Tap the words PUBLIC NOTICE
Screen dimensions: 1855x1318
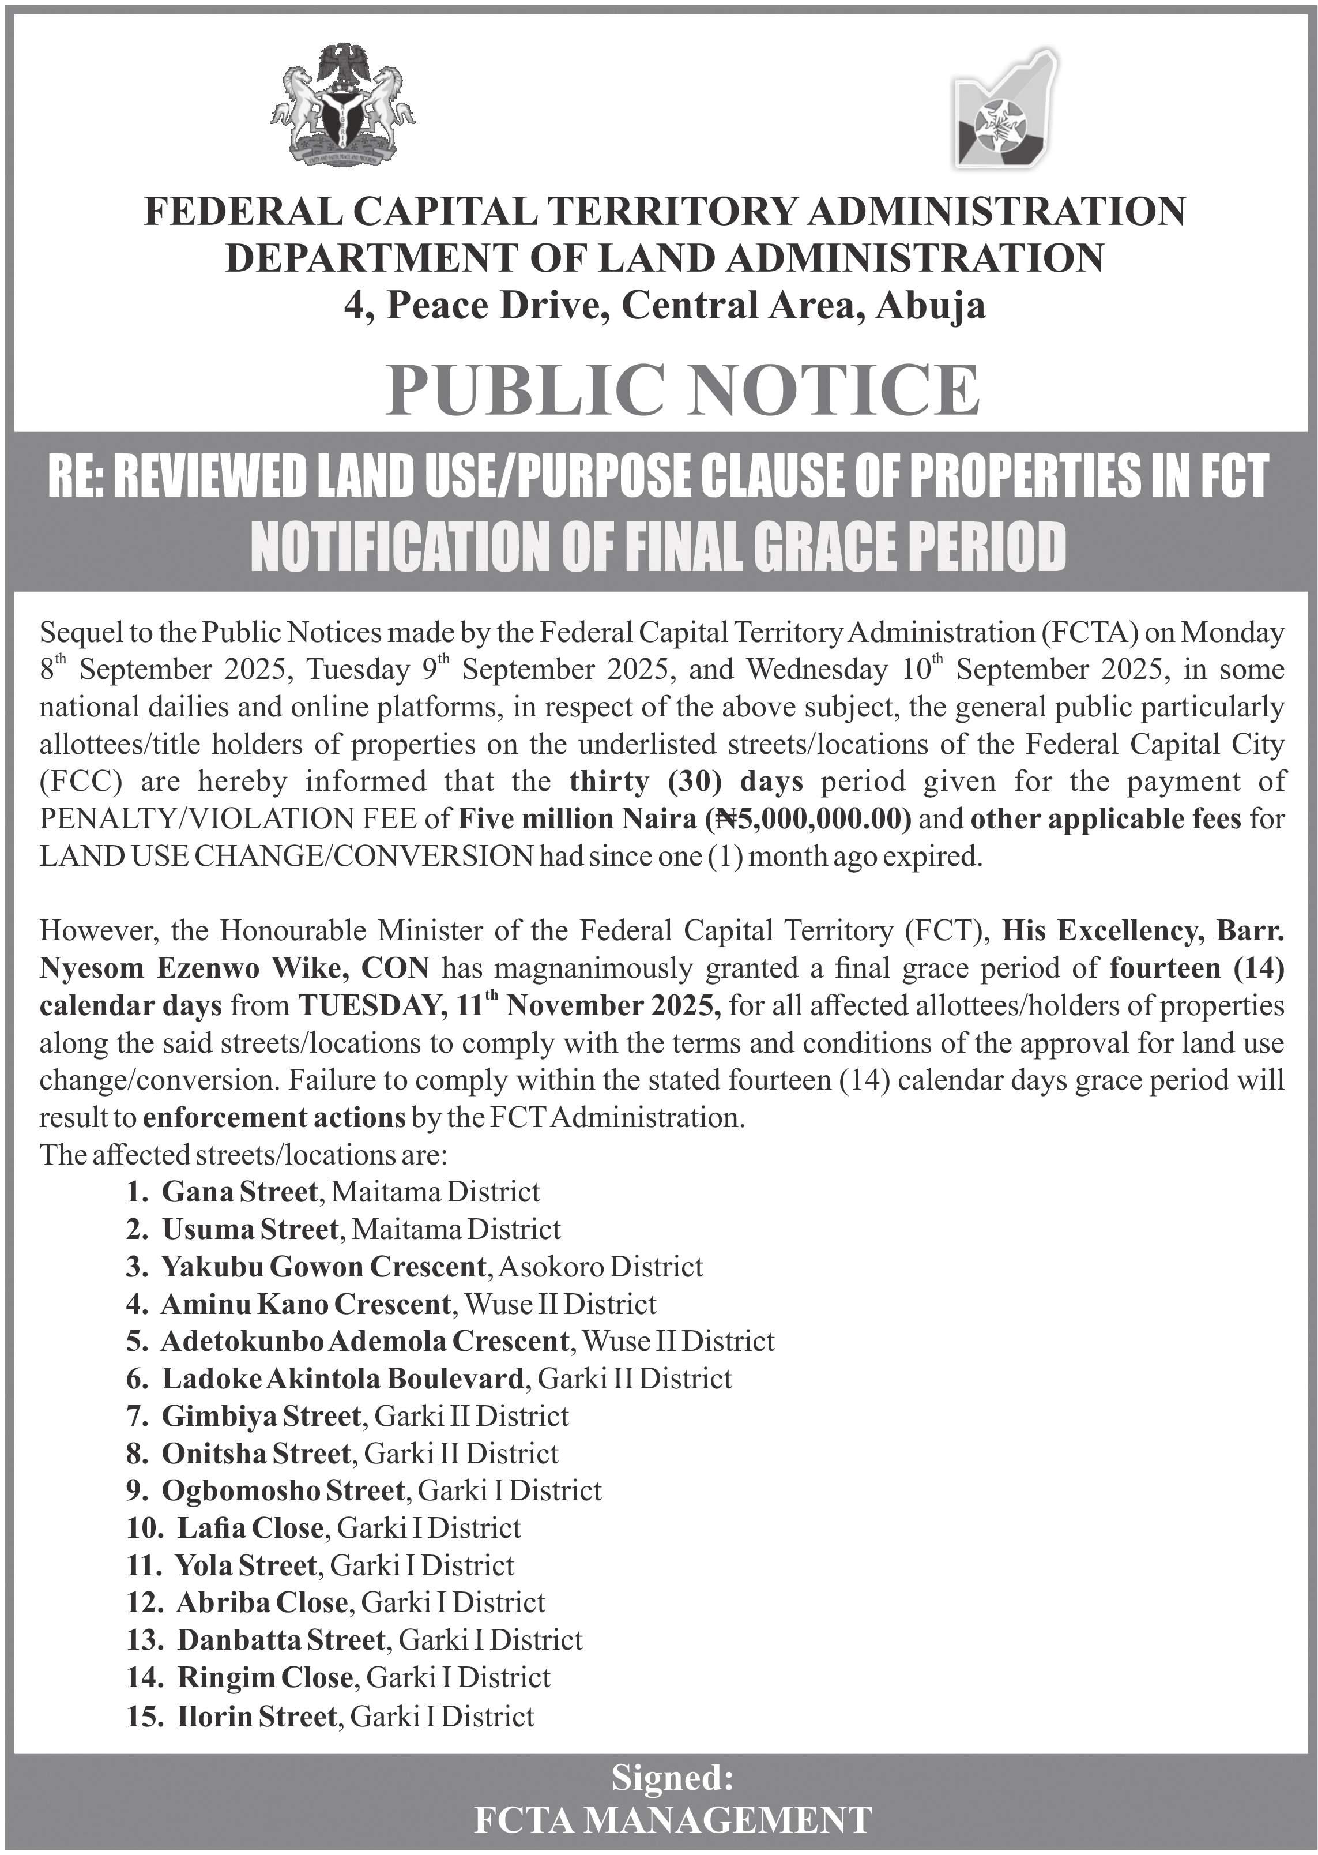coord(681,390)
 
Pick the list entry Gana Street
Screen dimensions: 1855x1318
coord(239,1192)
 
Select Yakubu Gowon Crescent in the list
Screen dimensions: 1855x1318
coord(323,1267)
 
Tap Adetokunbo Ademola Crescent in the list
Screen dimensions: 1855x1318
coord(364,1341)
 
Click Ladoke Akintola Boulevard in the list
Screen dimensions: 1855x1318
coord(342,1379)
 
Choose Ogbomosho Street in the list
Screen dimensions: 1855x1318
coord(283,1490)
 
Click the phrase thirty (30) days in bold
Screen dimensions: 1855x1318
coord(686,782)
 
